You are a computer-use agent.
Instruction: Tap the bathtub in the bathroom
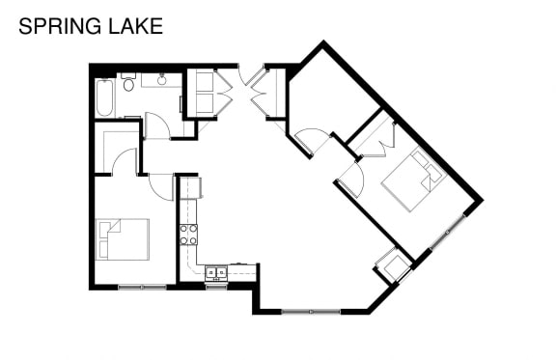tap(104, 97)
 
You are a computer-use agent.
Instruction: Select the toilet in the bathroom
tap(128, 82)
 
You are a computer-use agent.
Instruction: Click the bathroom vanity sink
tap(162, 80)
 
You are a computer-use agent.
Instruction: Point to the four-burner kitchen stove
tap(188, 235)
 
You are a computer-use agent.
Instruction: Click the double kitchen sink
tap(216, 272)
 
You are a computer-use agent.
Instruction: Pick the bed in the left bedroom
tap(122, 239)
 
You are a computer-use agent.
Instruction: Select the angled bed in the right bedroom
tap(411, 180)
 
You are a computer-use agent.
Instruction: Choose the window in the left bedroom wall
tap(142, 287)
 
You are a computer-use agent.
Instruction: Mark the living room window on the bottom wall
tap(311, 312)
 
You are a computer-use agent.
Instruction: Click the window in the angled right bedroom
tap(448, 232)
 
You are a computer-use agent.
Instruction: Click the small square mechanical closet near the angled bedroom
tap(394, 265)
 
